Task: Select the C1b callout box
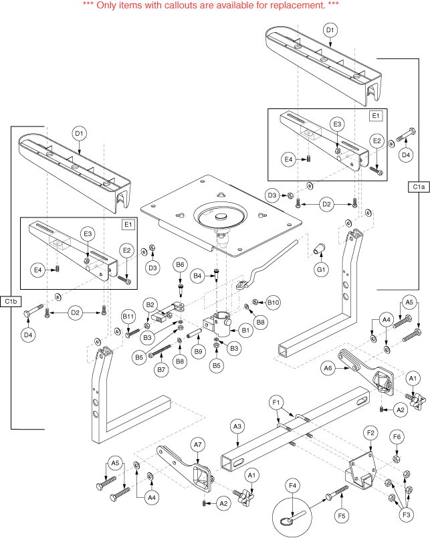click(11, 302)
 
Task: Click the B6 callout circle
click(181, 266)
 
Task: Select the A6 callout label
click(328, 367)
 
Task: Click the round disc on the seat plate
click(220, 218)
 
